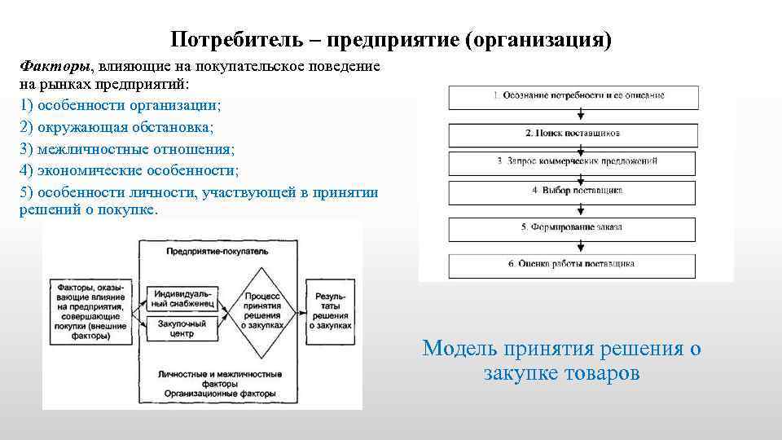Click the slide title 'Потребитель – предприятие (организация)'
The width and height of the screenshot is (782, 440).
[x=391, y=39]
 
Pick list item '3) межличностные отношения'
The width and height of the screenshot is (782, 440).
[x=126, y=149]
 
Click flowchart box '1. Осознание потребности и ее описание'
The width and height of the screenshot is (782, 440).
[x=578, y=96]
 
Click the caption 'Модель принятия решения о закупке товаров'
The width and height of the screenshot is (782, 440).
[x=561, y=361]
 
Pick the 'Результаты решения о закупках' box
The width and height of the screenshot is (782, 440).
[x=331, y=310]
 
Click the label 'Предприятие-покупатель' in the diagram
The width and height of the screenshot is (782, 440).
[x=216, y=252]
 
